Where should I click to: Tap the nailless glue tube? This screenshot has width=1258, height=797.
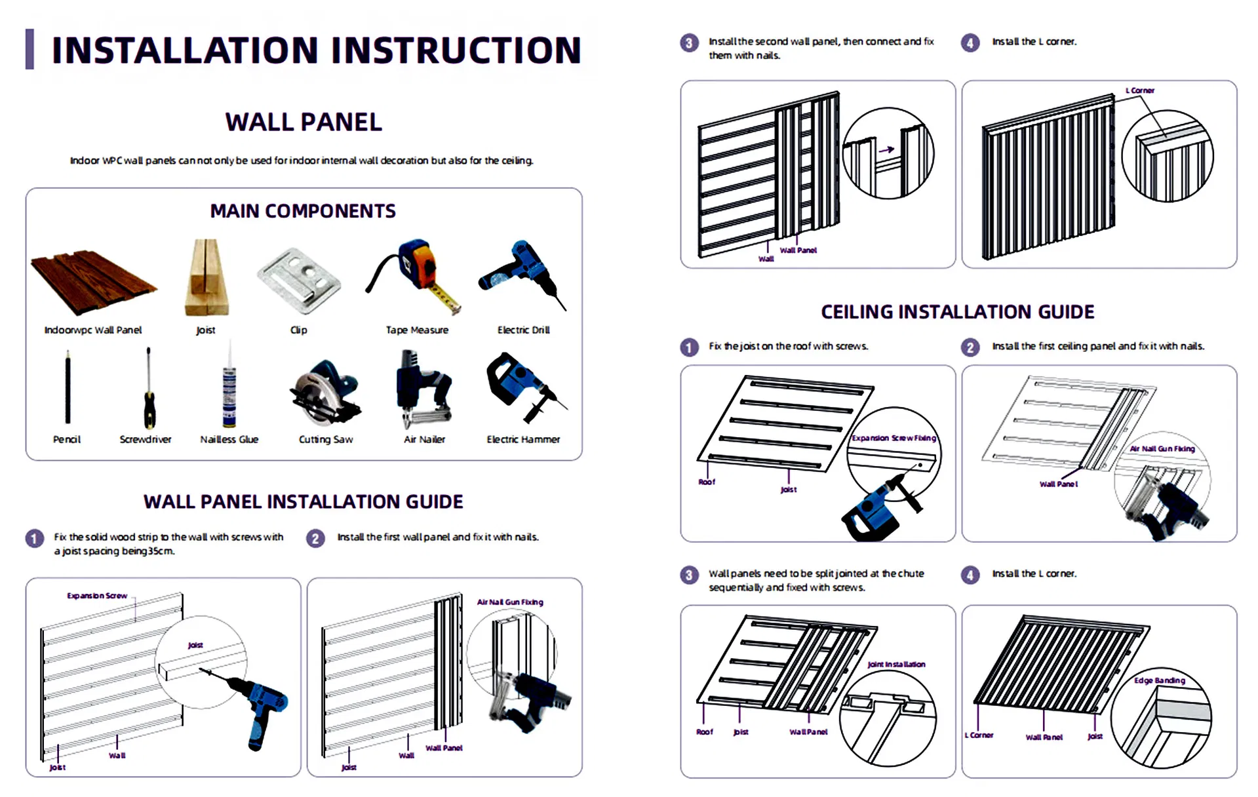pos(229,390)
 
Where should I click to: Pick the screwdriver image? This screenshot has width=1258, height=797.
pos(149,390)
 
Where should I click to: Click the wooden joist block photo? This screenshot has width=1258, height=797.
pos(206,279)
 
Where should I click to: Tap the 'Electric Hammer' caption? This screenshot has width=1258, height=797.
pos(523,439)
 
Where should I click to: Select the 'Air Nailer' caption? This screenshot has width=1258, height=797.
pos(424,439)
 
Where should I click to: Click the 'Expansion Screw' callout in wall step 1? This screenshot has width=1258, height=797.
pos(97,596)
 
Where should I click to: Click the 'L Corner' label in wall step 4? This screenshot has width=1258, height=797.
pos(1140,90)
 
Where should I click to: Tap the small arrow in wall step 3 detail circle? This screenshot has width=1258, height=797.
pos(886,149)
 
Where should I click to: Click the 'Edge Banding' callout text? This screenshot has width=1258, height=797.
pos(1159,680)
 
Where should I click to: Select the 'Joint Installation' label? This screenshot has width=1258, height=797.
pos(896,664)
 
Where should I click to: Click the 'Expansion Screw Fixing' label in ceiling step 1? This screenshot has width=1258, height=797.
pos(894,438)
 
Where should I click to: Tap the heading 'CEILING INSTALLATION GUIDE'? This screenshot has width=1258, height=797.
pos(957,312)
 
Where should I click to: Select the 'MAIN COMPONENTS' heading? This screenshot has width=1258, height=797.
pos(303,211)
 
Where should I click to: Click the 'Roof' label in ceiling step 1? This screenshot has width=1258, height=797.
pos(707,482)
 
